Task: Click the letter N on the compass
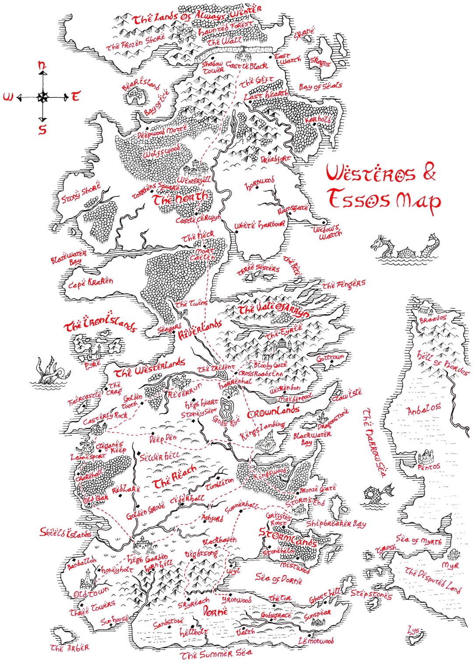click(x=42, y=65)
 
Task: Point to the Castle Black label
click(x=246, y=66)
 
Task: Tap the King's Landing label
click(x=262, y=430)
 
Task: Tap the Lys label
click(x=413, y=631)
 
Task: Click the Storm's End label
click(x=305, y=501)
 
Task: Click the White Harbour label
click(x=259, y=225)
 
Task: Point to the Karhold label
click(x=318, y=119)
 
